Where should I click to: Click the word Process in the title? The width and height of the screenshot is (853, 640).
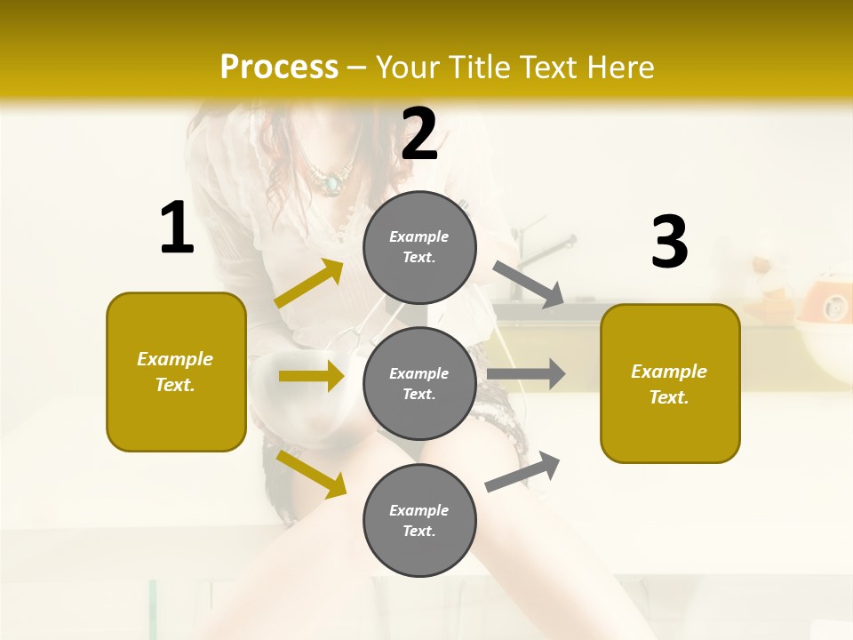(279, 68)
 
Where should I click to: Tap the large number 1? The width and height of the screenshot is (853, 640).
(177, 228)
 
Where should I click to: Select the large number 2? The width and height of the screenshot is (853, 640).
(419, 134)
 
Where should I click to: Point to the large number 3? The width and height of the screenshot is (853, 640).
(669, 242)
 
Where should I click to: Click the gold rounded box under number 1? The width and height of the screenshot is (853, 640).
(176, 372)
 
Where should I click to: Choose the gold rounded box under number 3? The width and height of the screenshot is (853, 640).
(670, 383)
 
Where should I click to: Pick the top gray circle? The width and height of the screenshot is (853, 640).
(419, 247)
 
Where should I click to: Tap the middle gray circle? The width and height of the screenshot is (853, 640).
(419, 383)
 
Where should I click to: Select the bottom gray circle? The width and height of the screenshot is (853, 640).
(419, 520)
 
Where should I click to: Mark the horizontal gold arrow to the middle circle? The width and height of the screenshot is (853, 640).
(310, 376)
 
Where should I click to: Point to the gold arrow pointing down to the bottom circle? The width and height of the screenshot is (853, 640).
(311, 474)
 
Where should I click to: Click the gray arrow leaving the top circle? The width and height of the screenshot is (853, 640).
(528, 284)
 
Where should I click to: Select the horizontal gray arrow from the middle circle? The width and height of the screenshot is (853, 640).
(525, 373)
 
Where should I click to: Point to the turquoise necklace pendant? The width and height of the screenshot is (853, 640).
(331, 184)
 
